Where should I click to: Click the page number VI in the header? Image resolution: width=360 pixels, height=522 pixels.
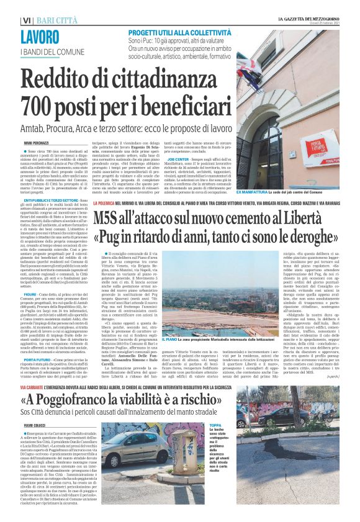pyautogui.click(x=26, y=20)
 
